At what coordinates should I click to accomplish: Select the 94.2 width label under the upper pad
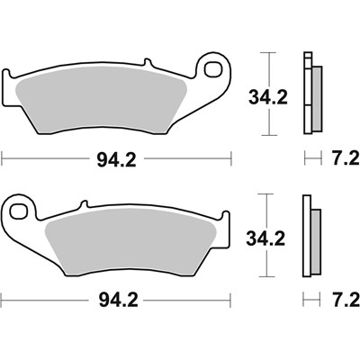tap(117, 162)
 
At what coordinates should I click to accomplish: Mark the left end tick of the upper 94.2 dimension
tap(3, 162)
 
